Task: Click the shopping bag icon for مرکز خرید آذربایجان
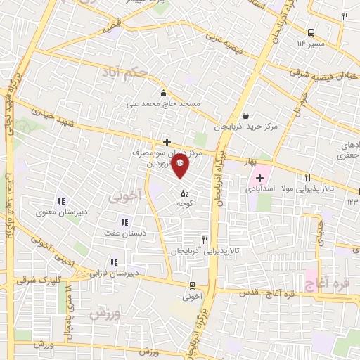tap(245, 116)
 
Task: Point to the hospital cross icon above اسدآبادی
tap(259, 177)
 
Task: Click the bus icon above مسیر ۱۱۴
tap(311, 32)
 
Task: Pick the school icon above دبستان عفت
tap(124, 222)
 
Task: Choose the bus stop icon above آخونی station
tap(192, 285)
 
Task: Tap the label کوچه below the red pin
tap(185, 202)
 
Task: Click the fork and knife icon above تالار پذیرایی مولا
tap(307, 177)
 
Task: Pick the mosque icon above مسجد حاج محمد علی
tap(164, 93)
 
